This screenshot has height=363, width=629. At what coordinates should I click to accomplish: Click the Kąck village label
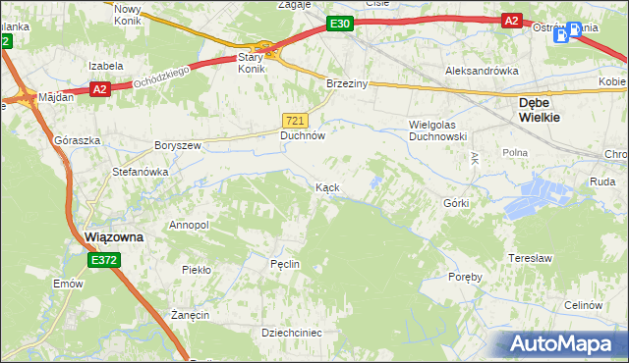327,187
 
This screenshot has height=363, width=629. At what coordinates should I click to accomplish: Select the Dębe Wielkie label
540,109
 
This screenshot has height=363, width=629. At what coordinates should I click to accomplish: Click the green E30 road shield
339,24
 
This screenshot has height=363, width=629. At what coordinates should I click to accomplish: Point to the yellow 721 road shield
295,120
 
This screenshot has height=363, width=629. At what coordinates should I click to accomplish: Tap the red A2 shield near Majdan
98,89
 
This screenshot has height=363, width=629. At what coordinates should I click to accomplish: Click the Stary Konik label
253,63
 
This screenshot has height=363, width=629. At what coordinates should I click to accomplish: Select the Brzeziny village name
347,84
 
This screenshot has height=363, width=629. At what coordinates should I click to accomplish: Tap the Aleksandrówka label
482,72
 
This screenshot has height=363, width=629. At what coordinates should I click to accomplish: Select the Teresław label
529,258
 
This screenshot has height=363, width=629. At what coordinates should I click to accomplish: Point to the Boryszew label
178,145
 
